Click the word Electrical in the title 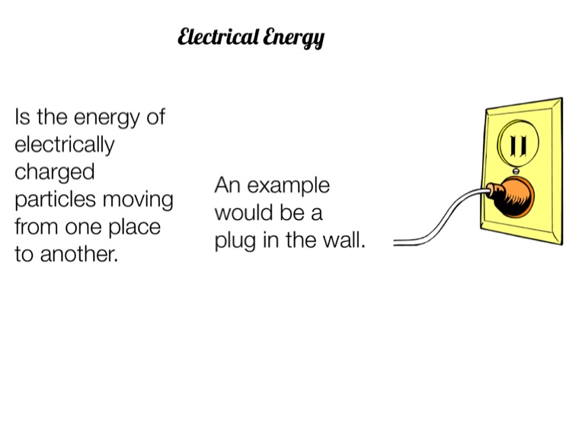pyautogui.click(x=218, y=37)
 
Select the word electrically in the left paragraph pyautogui.click(x=65, y=145)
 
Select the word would pyautogui.click(x=242, y=213)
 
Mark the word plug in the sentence pyautogui.click(x=233, y=242)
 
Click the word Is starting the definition pyautogui.click(x=22, y=118)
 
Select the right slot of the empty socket pyautogui.click(x=523, y=145)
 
